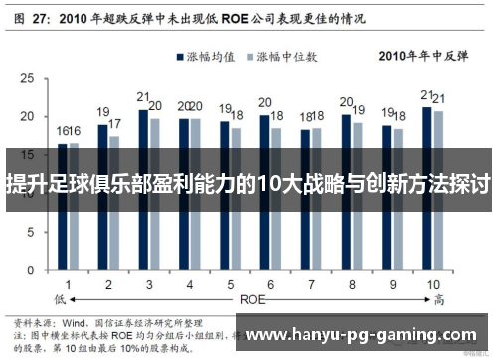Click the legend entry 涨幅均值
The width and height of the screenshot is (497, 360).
[x=210, y=57]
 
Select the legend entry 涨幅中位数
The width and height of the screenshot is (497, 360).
[x=292, y=57]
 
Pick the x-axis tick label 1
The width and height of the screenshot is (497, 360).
[x=68, y=284]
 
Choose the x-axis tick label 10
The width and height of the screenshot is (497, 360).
[x=433, y=284]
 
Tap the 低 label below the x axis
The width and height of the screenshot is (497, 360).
[x=59, y=298]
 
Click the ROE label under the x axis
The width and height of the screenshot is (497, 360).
[x=251, y=298]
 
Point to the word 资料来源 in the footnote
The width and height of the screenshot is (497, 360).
[x=32, y=323]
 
